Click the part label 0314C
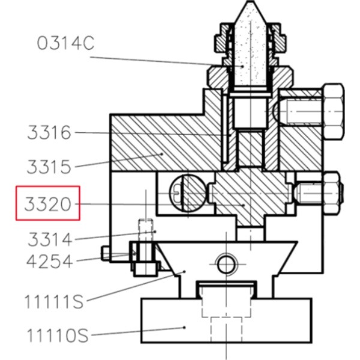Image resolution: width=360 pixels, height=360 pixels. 65,43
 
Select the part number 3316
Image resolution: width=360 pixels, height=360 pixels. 49,133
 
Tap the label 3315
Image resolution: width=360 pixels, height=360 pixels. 49,167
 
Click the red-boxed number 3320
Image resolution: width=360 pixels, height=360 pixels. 48,204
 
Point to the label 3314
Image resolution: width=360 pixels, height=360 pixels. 50,239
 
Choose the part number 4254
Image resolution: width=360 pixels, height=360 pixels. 50,262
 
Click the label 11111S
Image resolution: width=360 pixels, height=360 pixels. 54,301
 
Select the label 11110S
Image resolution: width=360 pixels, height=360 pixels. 58,335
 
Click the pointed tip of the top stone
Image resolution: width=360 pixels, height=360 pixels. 250,2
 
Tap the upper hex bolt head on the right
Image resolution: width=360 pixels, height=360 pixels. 334,112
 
